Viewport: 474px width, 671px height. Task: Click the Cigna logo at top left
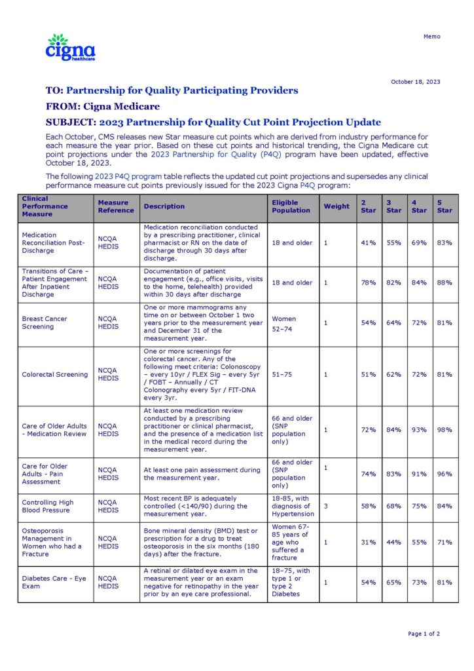coord(70,48)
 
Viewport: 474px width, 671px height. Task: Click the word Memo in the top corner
coord(432,37)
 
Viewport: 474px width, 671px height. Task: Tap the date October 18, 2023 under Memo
coord(415,82)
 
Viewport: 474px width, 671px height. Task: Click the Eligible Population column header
coord(291,206)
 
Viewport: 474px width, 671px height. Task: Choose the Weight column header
coord(337,206)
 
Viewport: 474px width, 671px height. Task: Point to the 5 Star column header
coord(445,206)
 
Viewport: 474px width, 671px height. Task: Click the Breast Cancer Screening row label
coord(45,322)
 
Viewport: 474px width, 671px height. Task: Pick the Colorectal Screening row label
coord(54,375)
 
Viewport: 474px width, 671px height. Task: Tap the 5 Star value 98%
coord(445,430)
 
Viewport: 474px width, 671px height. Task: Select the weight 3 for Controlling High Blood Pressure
coord(325,507)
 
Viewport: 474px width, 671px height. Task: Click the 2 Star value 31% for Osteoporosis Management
coord(368,543)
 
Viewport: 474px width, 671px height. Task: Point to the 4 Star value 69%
coord(419,243)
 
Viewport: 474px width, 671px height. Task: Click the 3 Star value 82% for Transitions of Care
coord(393,283)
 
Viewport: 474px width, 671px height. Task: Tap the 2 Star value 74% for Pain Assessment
coord(368,474)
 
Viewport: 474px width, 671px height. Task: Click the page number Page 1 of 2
coord(424,634)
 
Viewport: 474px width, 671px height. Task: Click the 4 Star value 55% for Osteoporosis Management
coord(419,543)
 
